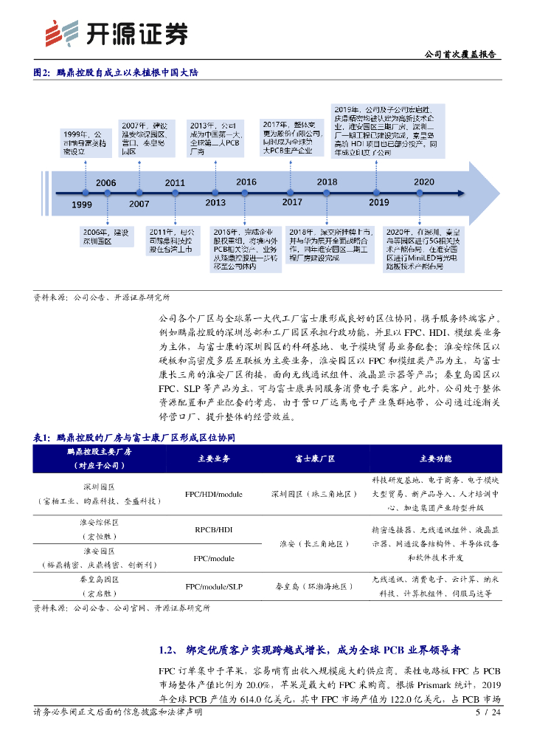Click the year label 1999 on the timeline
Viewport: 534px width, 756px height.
coord(82,205)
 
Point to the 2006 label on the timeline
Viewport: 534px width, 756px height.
coord(106,183)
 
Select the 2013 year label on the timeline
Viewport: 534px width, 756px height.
coord(215,202)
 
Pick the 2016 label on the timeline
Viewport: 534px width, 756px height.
coord(246,182)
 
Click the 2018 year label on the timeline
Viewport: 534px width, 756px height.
coord(327,182)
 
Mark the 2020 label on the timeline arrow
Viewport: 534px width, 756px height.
coord(423,182)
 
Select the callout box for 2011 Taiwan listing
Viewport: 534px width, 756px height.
coord(175,240)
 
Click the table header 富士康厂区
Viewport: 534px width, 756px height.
coord(314,458)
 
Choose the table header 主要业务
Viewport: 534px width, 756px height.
coord(214,458)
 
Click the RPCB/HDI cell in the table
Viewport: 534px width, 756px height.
coord(214,529)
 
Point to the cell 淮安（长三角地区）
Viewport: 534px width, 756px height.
coord(314,543)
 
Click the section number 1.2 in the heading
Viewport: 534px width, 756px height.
coord(167,650)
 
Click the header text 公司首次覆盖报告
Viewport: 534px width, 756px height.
coord(461,55)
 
